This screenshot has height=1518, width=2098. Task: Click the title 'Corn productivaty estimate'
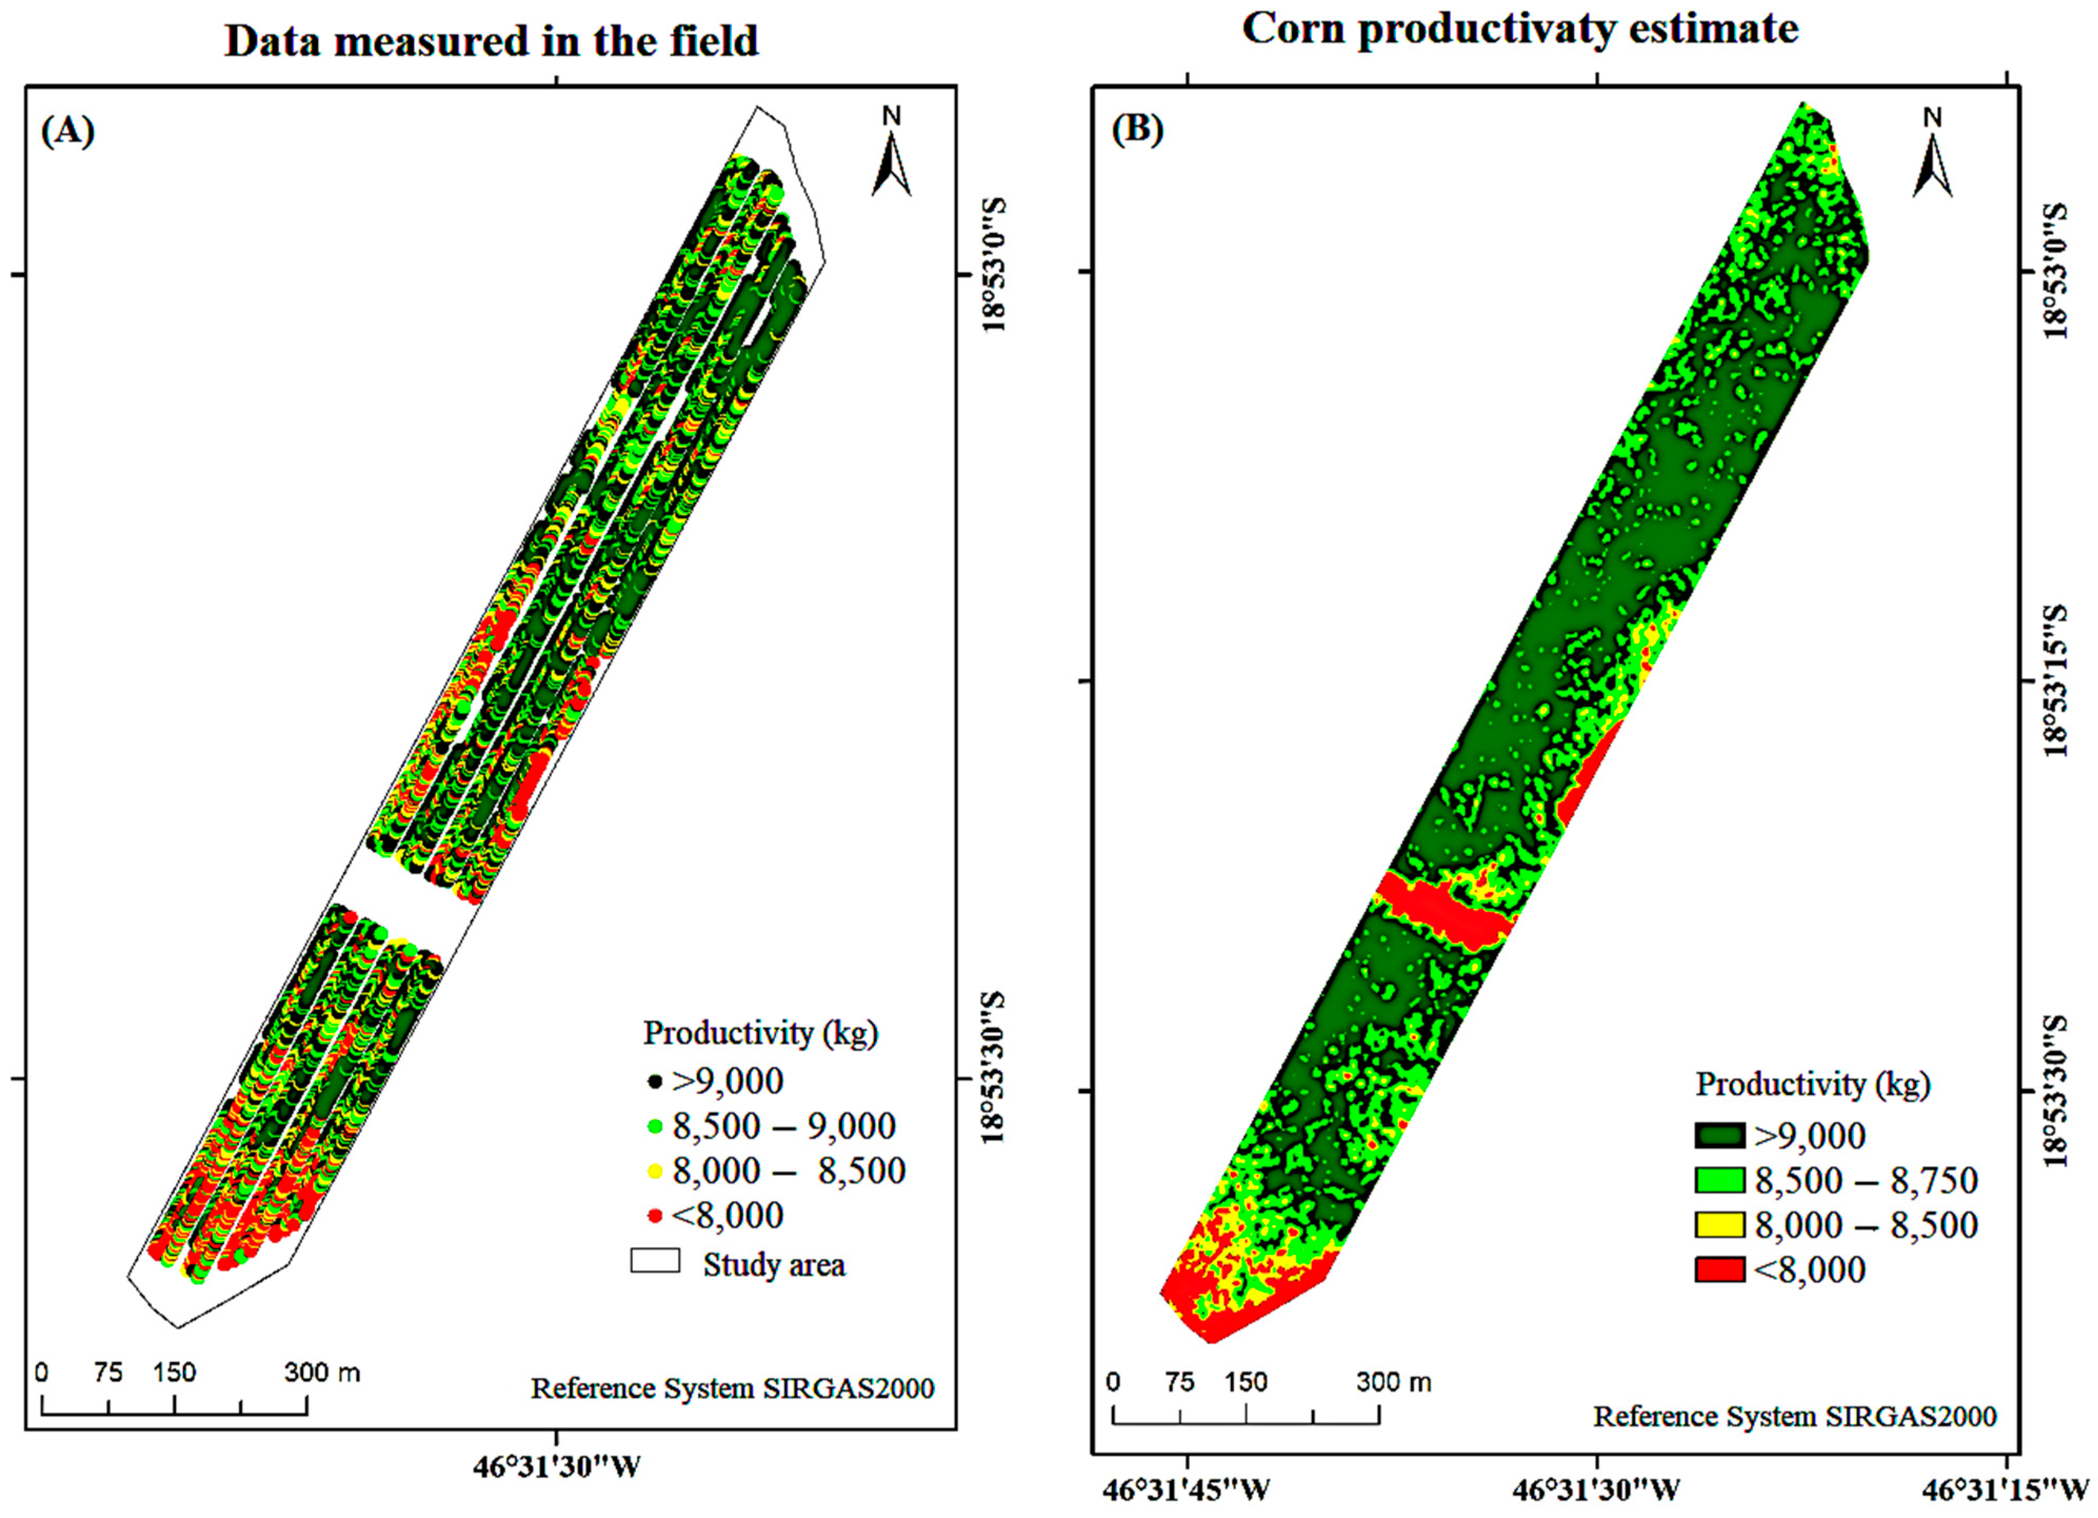1520,28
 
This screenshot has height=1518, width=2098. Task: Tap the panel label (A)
67,132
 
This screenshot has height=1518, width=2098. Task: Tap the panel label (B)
1137,131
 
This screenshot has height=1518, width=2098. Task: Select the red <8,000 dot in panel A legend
655,1215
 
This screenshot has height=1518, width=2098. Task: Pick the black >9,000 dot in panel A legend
655,1081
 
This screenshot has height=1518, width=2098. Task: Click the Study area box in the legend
655,1261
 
